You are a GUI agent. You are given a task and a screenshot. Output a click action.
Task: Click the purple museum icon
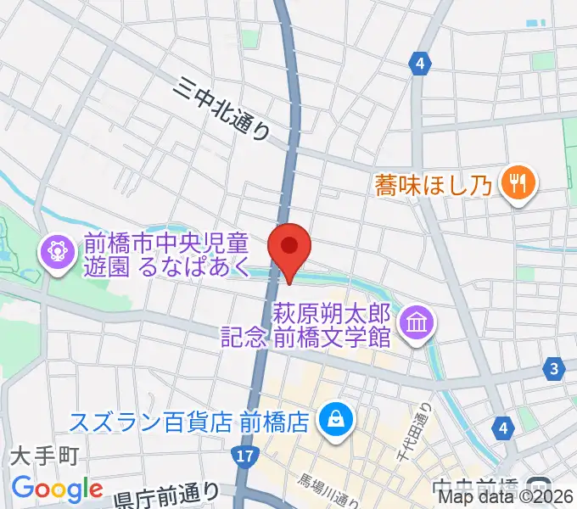point(417,323)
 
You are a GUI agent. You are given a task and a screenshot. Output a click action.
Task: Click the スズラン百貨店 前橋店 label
point(188,422)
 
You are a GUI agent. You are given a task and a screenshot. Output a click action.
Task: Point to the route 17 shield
point(244,457)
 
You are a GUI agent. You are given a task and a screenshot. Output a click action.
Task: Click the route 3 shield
point(555,368)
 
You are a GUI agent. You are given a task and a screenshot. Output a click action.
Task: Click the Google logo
point(57,489)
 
